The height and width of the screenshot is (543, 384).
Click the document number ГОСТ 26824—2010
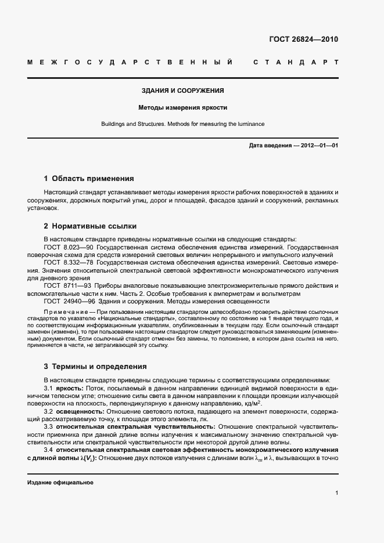click(304, 39)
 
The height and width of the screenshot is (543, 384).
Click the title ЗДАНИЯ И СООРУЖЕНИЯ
click(183, 91)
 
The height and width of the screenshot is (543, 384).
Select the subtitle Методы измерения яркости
click(182, 108)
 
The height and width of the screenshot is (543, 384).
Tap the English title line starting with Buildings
click(183, 124)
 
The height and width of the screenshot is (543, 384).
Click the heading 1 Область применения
click(89, 179)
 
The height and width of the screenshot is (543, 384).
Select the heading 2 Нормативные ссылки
click(90, 226)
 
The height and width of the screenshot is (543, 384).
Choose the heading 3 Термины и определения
click(95, 367)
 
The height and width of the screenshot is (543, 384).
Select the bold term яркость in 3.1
click(70, 388)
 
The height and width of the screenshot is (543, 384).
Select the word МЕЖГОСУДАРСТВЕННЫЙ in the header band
click(131, 61)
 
